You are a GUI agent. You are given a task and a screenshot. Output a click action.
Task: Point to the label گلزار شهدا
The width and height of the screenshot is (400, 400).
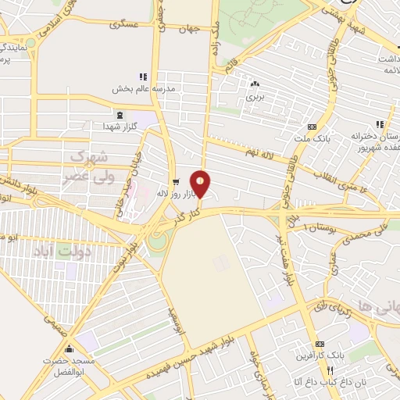tap(124, 126)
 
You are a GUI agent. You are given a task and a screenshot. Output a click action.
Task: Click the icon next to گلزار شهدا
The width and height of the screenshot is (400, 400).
tap(106, 126)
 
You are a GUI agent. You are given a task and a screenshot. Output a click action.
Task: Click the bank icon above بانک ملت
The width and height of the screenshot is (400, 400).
tap(312, 127)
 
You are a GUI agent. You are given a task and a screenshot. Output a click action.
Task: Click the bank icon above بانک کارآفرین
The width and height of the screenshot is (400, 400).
tap(319, 345)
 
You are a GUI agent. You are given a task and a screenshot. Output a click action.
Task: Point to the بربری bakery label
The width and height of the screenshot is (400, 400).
tap(255, 97)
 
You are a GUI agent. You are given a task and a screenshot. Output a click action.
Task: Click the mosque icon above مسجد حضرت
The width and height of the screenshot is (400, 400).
tap(70, 348)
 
